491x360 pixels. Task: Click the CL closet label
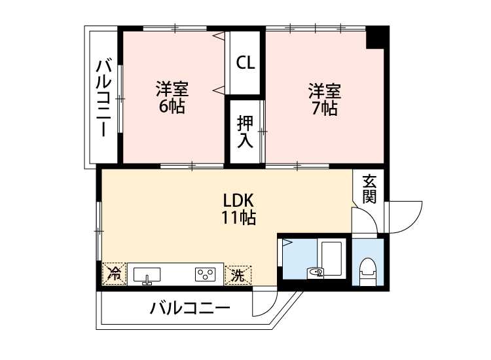pos(246,63)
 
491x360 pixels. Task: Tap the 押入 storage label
pos(245,131)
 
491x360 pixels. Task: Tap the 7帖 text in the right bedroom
pos(324,109)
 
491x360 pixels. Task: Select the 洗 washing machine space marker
pos(238,275)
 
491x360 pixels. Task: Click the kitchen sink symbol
pos(148,276)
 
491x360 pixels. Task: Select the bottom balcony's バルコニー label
pos(190,308)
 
